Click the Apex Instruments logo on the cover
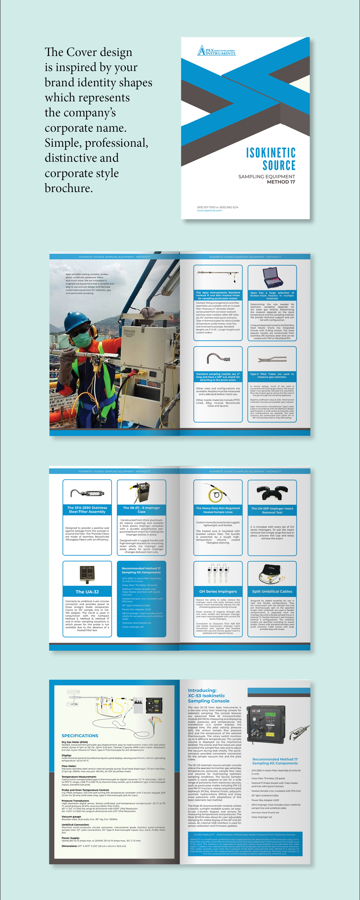pyautogui.click(x=216, y=51)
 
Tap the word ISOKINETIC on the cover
pyautogui.click(x=271, y=153)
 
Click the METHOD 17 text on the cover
pyautogui.click(x=281, y=182)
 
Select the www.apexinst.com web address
pyautogui.click(x=209, y=210)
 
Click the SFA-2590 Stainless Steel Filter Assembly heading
pyautogui.click(x=87, y=509)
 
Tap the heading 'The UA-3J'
pyautogui.click(x=87, y=592)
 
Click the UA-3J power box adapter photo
pyautogui.click(x=87, y=574)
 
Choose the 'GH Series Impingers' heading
pyautogui.click(x=218, y=592)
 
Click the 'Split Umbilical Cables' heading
pyautogui.click(x=272, y=592)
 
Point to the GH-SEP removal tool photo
pyautogui.click(x=272, y=493)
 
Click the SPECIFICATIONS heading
pyautogui.click(x=80, y=735)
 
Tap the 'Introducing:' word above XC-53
pyautogui.click(x=202, y=690)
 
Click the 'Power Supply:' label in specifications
pyautogui.click(x=70, y=838)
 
